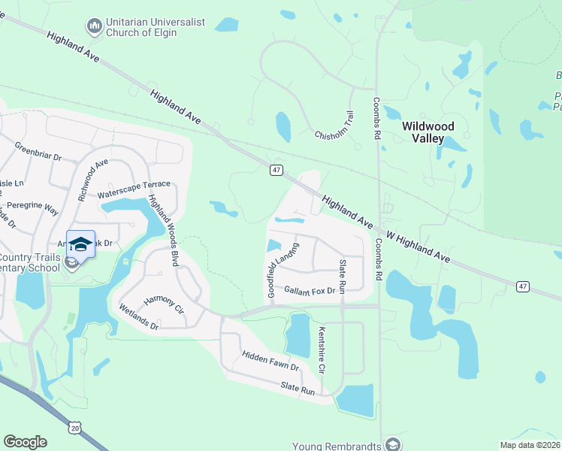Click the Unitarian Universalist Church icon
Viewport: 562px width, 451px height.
pyautogui.click(x=95, y=27)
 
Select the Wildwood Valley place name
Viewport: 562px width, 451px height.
pyautogui.click(x=428, y=133)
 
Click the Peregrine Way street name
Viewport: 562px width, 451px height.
pyautogui.click(x=30, y=207)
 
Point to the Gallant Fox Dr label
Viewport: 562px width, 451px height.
pyautogui.click(x=309, y=290)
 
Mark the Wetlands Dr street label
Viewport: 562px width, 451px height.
pyautogui.click(x=139, y=316)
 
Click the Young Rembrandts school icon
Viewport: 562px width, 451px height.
pyautogui.click(x=392, y=444)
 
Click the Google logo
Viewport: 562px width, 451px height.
pyautogui.click(x=25, y=442)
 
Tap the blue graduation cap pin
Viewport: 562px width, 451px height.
pyautogui.click(x=80, y=244)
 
